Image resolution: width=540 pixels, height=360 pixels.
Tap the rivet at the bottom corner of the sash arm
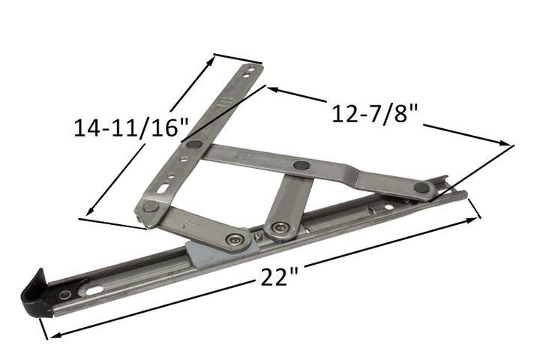[x=151, y=205]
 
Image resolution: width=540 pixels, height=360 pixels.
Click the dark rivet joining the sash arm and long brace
[x=193, y=144]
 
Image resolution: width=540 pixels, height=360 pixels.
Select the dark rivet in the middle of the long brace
[x=301, y=165]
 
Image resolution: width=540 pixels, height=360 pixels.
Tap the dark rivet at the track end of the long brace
[x=422, y=187]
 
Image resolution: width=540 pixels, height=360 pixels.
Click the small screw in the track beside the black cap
[x=66, y=295]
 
